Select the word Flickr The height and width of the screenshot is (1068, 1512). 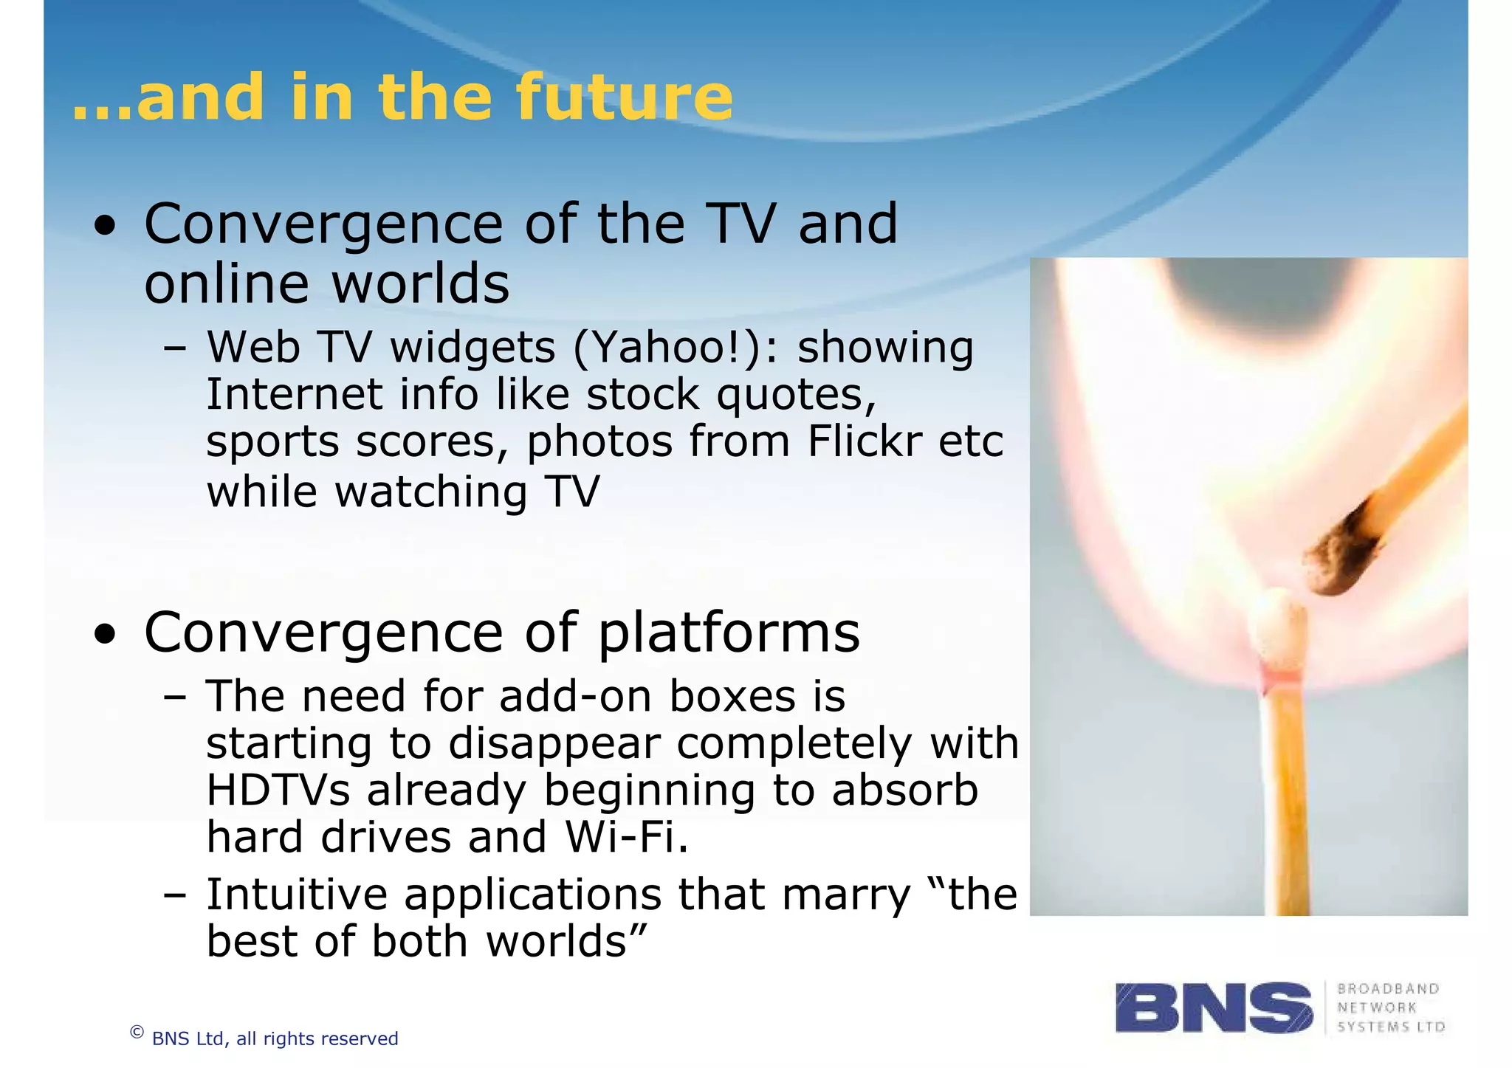click(864, 441)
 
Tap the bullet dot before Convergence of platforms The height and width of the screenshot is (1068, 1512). click(106, 634)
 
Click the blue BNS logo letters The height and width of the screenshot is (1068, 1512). click(1214, 1007)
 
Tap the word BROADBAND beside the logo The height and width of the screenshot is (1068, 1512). click(1388, 989)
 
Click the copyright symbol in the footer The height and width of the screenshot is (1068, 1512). click(137, 1033)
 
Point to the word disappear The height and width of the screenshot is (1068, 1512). click(554, 743)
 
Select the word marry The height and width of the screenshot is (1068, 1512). click(846, 895)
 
